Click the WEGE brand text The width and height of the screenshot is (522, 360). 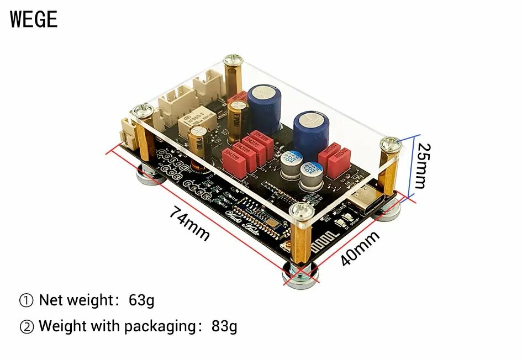(x=34, y=19)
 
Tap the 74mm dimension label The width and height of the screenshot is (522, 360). (x=189, y=223)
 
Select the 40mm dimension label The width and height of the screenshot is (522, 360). (x=360, y=248)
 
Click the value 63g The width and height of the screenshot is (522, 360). (x=141, y=300)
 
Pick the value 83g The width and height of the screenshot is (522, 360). (x=224, y=326)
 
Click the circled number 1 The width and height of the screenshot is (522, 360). (x=27, y=301)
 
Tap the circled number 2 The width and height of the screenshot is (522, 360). (x=27, y=326)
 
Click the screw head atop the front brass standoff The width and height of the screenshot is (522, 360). (x=301, y=210)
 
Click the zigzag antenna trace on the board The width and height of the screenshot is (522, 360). (x=323, y=241)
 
